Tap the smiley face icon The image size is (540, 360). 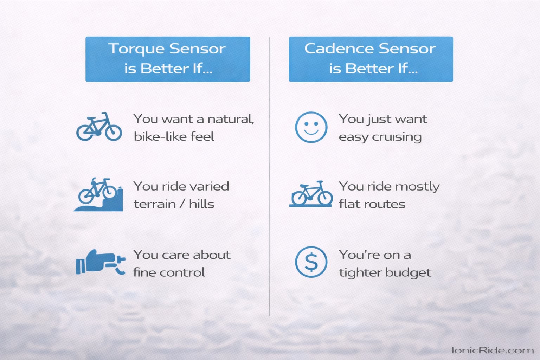(311, 127)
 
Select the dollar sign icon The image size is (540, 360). (311, 262)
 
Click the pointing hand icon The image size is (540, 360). (100, 262)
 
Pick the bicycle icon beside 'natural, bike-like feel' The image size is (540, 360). (99, 127)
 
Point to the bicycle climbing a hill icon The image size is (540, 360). (98, 195)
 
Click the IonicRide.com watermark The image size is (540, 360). (492, 350)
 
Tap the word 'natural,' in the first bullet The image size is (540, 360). (231, 119)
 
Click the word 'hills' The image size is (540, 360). (201, 204)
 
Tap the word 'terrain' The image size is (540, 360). (154, 204)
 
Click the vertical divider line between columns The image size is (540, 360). (270, 176)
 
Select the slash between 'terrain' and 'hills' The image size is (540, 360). (182, 204)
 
